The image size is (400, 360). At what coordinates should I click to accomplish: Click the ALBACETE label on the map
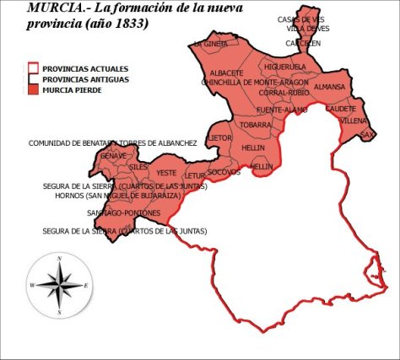(x=225, y=73)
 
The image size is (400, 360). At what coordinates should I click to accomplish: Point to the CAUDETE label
(x=341, y=109)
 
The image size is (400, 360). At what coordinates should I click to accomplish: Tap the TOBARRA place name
(x=255, y=125)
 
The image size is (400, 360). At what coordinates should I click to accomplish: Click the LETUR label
(x=196, y=176)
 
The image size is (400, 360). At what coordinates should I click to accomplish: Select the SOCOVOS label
(x=224, y=172)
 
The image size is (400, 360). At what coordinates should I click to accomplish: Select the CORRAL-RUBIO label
(x=284, y=93)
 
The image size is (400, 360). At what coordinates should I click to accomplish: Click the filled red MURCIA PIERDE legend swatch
(x=33, y=89)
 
